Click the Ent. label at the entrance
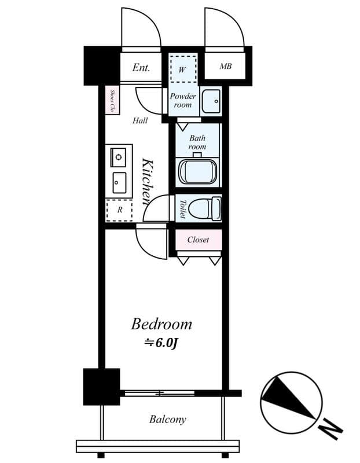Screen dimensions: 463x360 [x=141, y=68]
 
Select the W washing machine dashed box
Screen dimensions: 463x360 [x=183, y=69]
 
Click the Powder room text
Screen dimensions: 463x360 [x=183, y=100]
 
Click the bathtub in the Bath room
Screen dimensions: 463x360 [x=198, y=172]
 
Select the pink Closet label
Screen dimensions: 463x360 [x=198, y=239]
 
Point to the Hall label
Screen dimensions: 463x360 [x=140, y=120]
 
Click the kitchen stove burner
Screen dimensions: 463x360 [x=119, y=157]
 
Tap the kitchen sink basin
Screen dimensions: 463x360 [x=119, y=183]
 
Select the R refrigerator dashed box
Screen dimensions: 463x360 [x=119, y=210]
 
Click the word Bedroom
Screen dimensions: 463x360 [x=161, y=324]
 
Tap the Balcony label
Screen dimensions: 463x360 [x=168, y=419]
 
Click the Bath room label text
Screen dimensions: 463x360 [x=198, y=142]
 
